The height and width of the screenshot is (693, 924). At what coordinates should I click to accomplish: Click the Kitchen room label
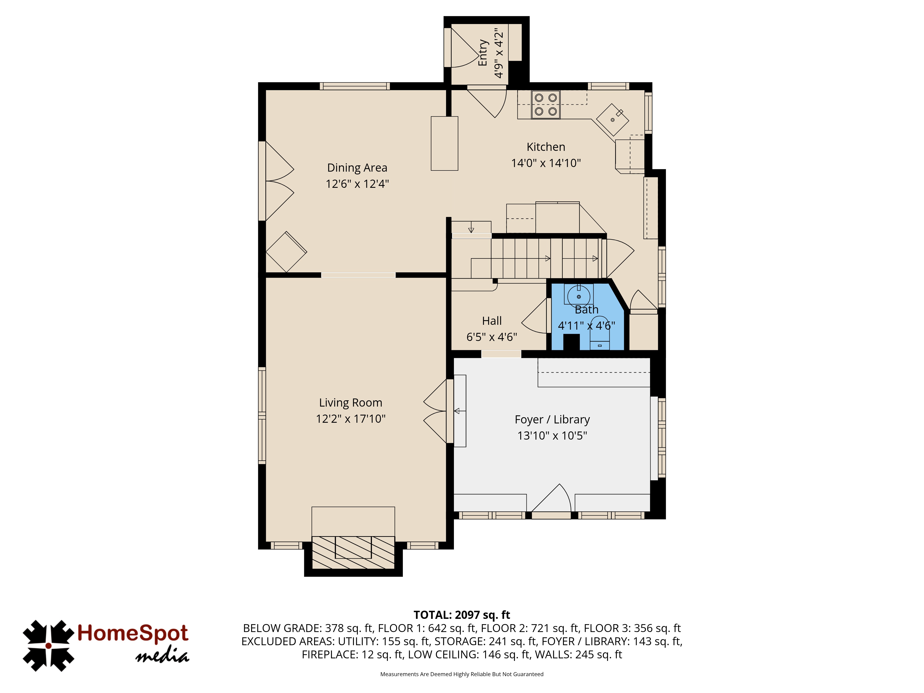(x=546, y=147)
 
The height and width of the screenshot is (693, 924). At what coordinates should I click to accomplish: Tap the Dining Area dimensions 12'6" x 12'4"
(x=357, y=184)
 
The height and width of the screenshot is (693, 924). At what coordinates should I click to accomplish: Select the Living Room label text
(x=350, y=403)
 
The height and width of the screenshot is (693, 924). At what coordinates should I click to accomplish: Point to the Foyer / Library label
(x=552, y=419)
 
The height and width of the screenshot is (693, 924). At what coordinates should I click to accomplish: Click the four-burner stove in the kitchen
(x=546, y=104)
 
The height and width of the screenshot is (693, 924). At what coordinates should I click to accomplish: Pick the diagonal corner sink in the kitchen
(x=612, y=119)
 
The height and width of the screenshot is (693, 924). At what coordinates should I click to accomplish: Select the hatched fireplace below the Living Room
(x=353, y=552)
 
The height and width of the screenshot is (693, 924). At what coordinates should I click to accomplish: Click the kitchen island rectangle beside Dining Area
(x=444, y=143)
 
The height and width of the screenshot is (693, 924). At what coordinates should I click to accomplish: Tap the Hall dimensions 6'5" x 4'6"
(x=492, y=337)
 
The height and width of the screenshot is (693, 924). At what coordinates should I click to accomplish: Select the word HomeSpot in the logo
(x=133, y=633)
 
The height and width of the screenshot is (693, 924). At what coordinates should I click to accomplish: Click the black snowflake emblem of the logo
(x=49, y=646)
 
